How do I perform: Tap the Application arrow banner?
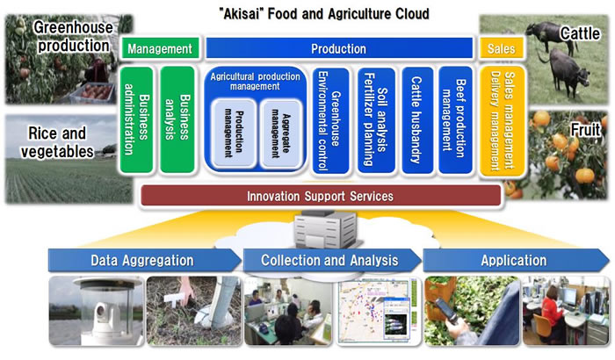pos(514,260)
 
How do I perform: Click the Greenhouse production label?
pos(67,34)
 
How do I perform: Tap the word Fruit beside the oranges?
pos(583,129)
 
